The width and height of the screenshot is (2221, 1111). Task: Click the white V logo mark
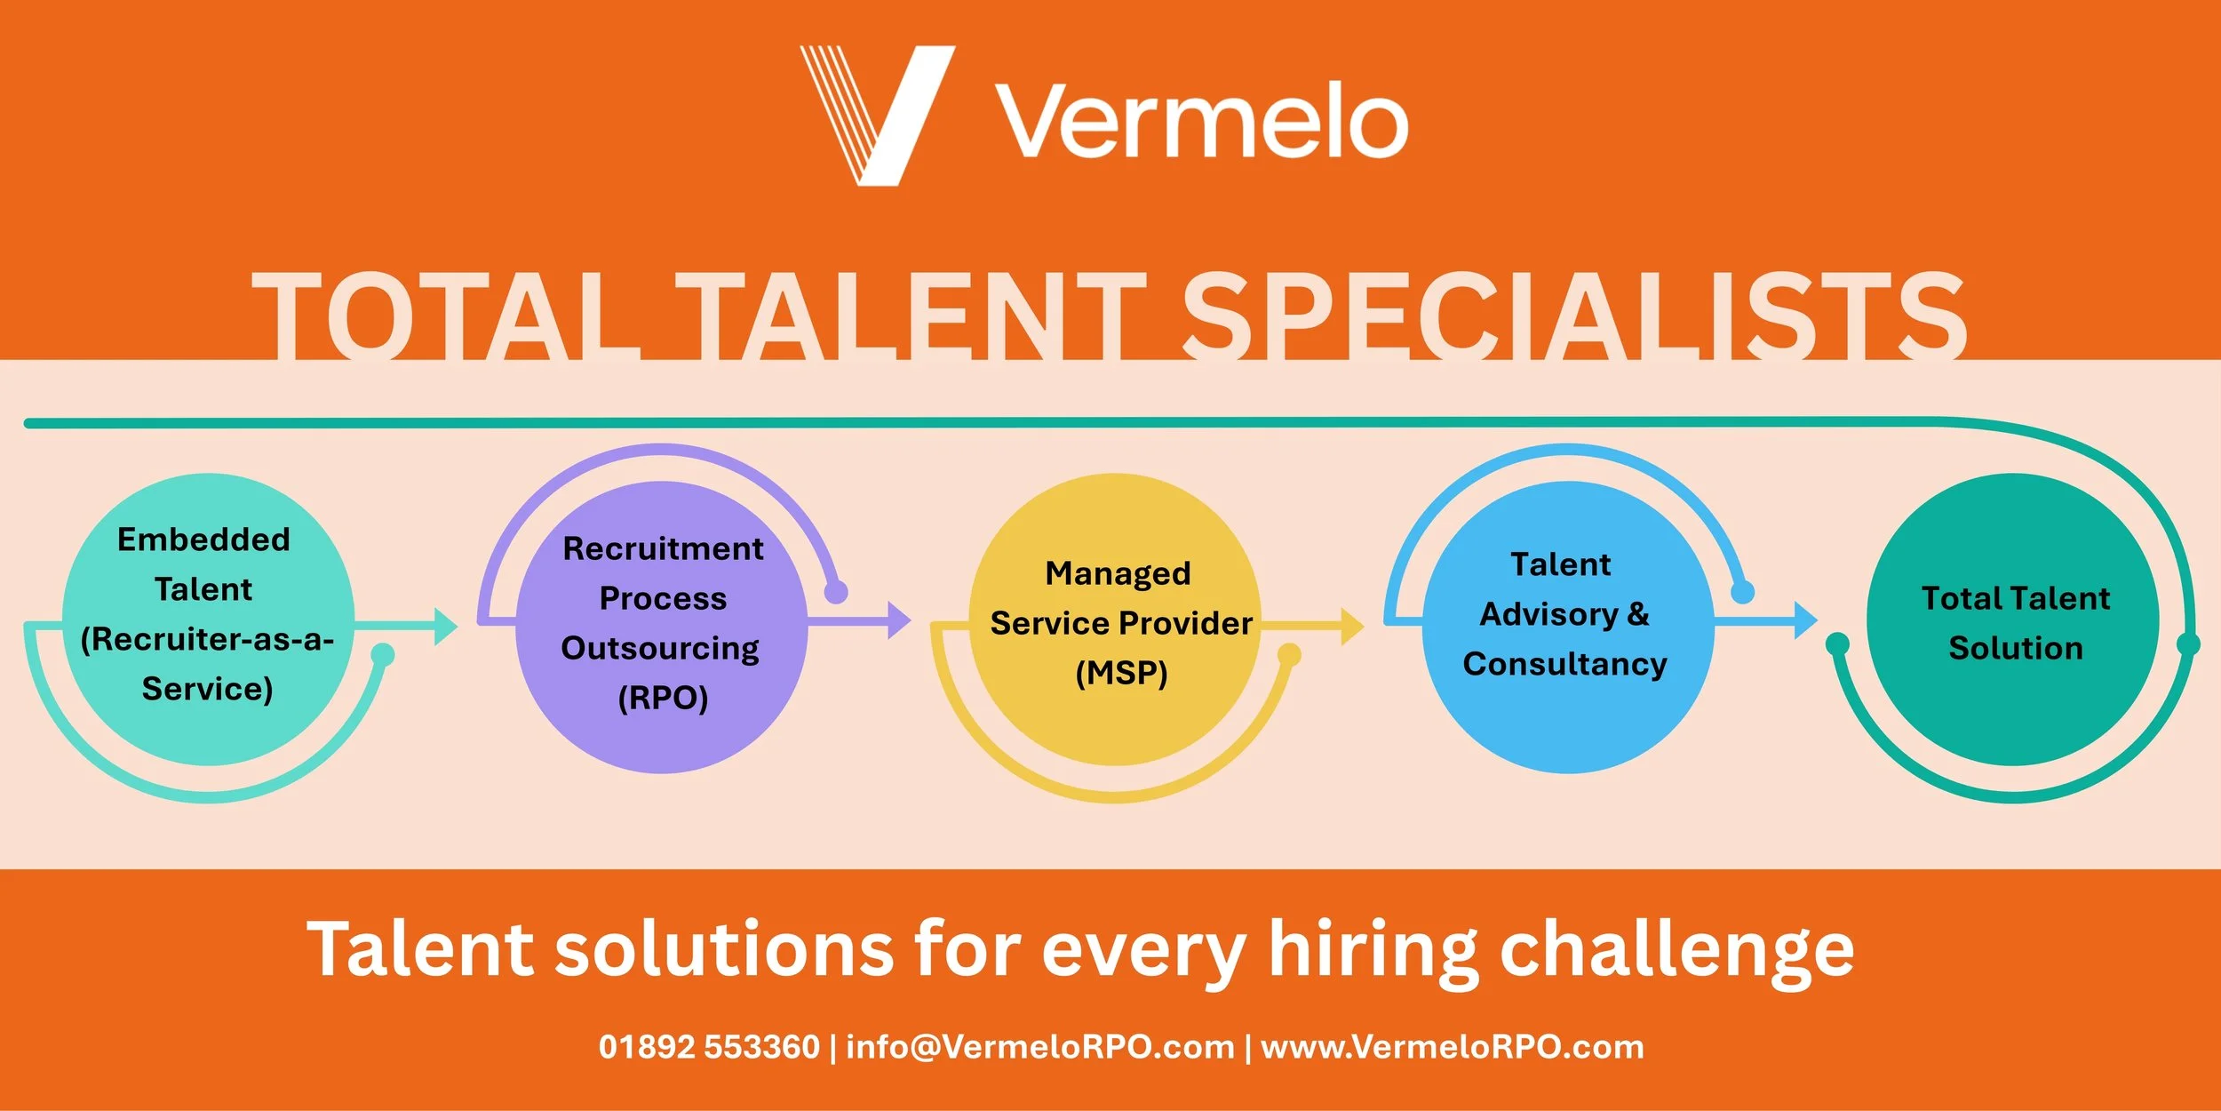point(880,116)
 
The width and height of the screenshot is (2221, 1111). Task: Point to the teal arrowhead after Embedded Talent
point(444,627)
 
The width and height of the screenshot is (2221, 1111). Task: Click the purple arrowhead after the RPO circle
point(898,619)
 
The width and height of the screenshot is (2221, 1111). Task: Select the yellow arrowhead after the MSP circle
point(1351,627)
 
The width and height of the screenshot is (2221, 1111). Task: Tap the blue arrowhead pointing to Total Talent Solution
point(1804,619)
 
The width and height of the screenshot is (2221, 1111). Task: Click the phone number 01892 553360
point(709,1047)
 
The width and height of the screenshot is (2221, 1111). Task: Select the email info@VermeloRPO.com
point(1039,1047)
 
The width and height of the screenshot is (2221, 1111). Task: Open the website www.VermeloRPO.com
point(1452,1047)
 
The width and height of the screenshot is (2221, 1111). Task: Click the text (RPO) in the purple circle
point(663,698)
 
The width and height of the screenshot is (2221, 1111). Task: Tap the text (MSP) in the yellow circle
point(1121,673)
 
